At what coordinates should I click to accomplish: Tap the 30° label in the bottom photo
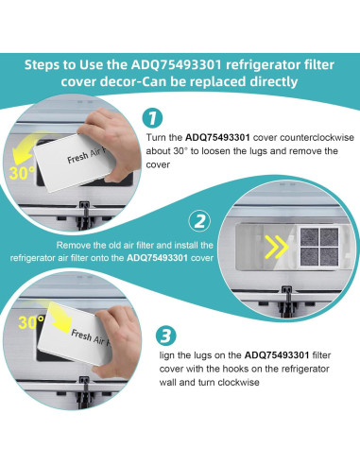[31, 321]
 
